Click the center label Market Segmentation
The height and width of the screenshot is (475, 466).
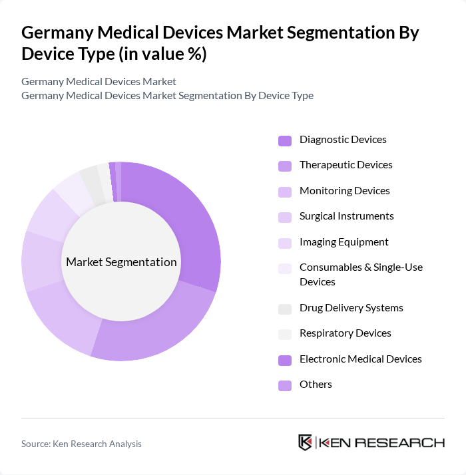(x=121, y=261)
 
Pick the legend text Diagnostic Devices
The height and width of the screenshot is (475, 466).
(x=343, y=140)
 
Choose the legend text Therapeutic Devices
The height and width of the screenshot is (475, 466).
(x=346, y=165)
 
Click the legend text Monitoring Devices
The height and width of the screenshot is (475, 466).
(x=344, y=191)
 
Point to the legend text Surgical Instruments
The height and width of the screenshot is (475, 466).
(x=346, y=216)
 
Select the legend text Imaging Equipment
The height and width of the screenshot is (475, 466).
(x=344, y=242)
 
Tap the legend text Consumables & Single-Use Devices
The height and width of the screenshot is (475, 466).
(x=361, y=274)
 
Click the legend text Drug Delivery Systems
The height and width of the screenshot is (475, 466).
(x=351, y=308)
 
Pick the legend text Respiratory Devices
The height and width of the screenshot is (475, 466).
(x=345, y=333)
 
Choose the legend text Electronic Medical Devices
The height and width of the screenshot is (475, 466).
(x=360, y=359)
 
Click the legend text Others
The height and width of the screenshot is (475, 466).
(x=316, y=385)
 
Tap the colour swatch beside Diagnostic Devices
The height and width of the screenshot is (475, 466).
(x=285, y=140)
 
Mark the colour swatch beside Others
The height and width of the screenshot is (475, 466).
(x=285, y=385)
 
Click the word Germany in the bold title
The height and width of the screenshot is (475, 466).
(x=59, y=33)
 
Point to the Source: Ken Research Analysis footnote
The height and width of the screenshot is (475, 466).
(x=81, y=444)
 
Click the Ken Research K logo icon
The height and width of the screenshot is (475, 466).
(x=306, y=443)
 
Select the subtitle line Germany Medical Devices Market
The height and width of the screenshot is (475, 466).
(x=99, y=81)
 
